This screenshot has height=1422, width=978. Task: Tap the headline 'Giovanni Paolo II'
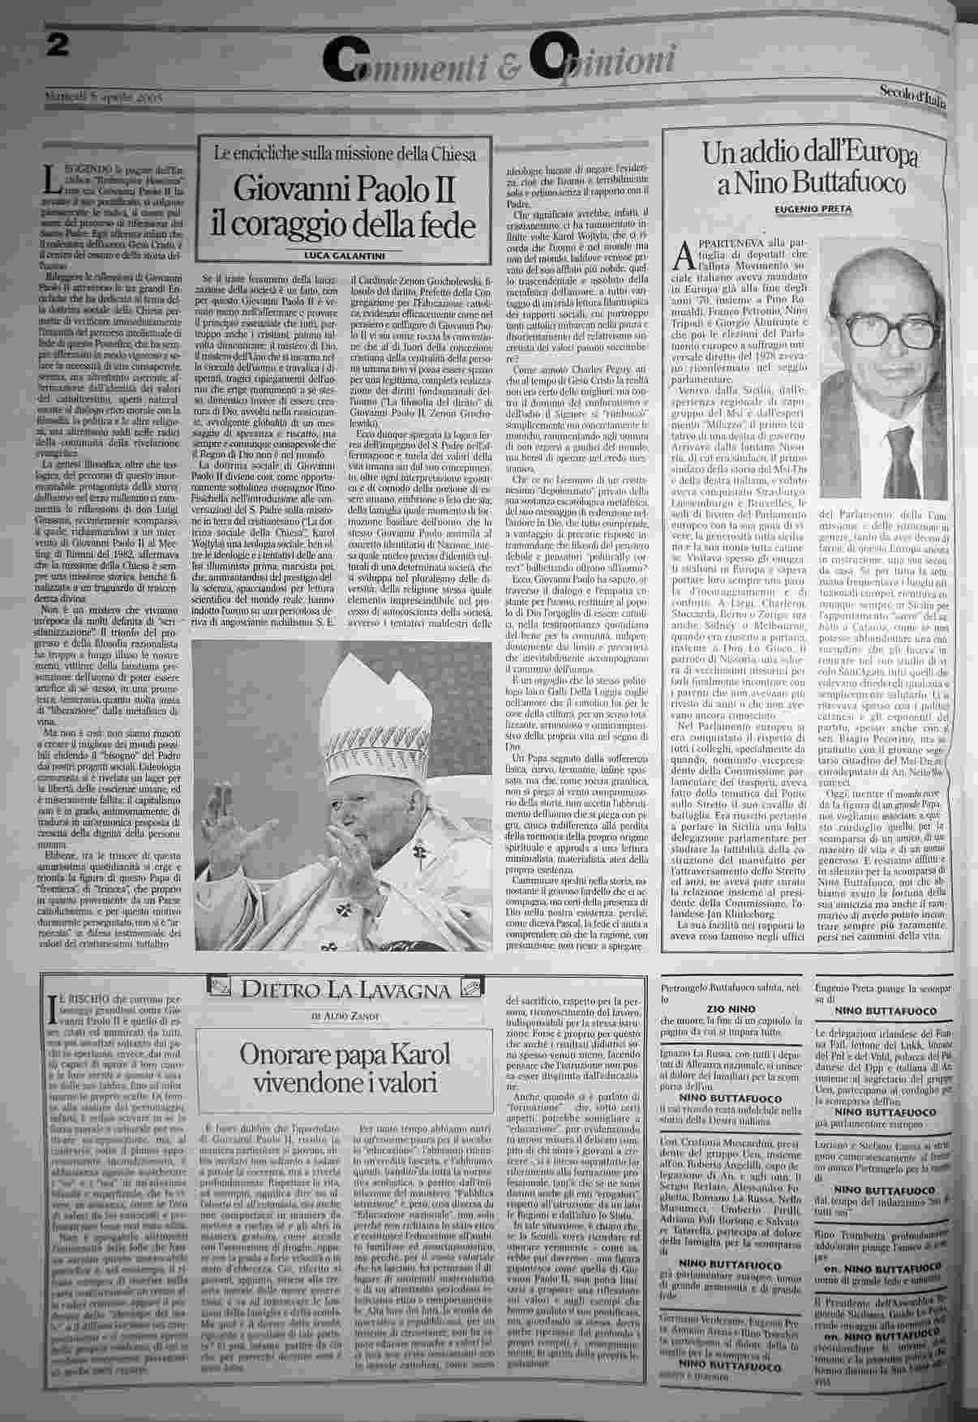tap(344, 191)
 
